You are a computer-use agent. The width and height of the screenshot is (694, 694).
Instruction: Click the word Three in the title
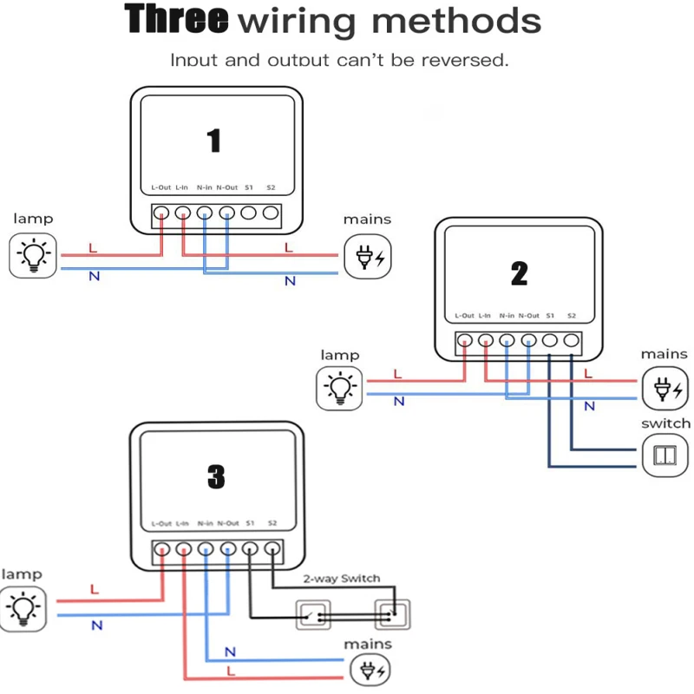coord(178,19)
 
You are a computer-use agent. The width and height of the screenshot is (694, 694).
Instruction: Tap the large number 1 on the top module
coord(214,141)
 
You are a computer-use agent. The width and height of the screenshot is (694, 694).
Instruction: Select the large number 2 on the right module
coord(519,274)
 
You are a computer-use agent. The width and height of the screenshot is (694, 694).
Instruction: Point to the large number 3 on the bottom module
coord(216,475)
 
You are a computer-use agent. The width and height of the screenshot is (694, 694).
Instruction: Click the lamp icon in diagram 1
coord(35,255)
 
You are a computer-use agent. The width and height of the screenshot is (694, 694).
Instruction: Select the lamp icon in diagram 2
coord(340,388)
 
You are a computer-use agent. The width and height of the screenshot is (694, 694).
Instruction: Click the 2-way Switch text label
coord(342,579)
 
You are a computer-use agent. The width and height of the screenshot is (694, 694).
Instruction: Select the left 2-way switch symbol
coord(313,615)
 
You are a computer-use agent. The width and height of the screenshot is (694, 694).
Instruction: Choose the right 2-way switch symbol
coord(392,615)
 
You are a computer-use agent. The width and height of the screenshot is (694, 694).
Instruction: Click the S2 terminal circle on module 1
coord(270,213)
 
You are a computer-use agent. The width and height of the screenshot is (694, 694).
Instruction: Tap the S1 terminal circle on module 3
coord(250,549)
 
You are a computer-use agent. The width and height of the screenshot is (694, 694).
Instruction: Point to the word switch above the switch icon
coord(665,423)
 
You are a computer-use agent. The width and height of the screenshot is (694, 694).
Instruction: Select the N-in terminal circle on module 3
coord(206,549)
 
